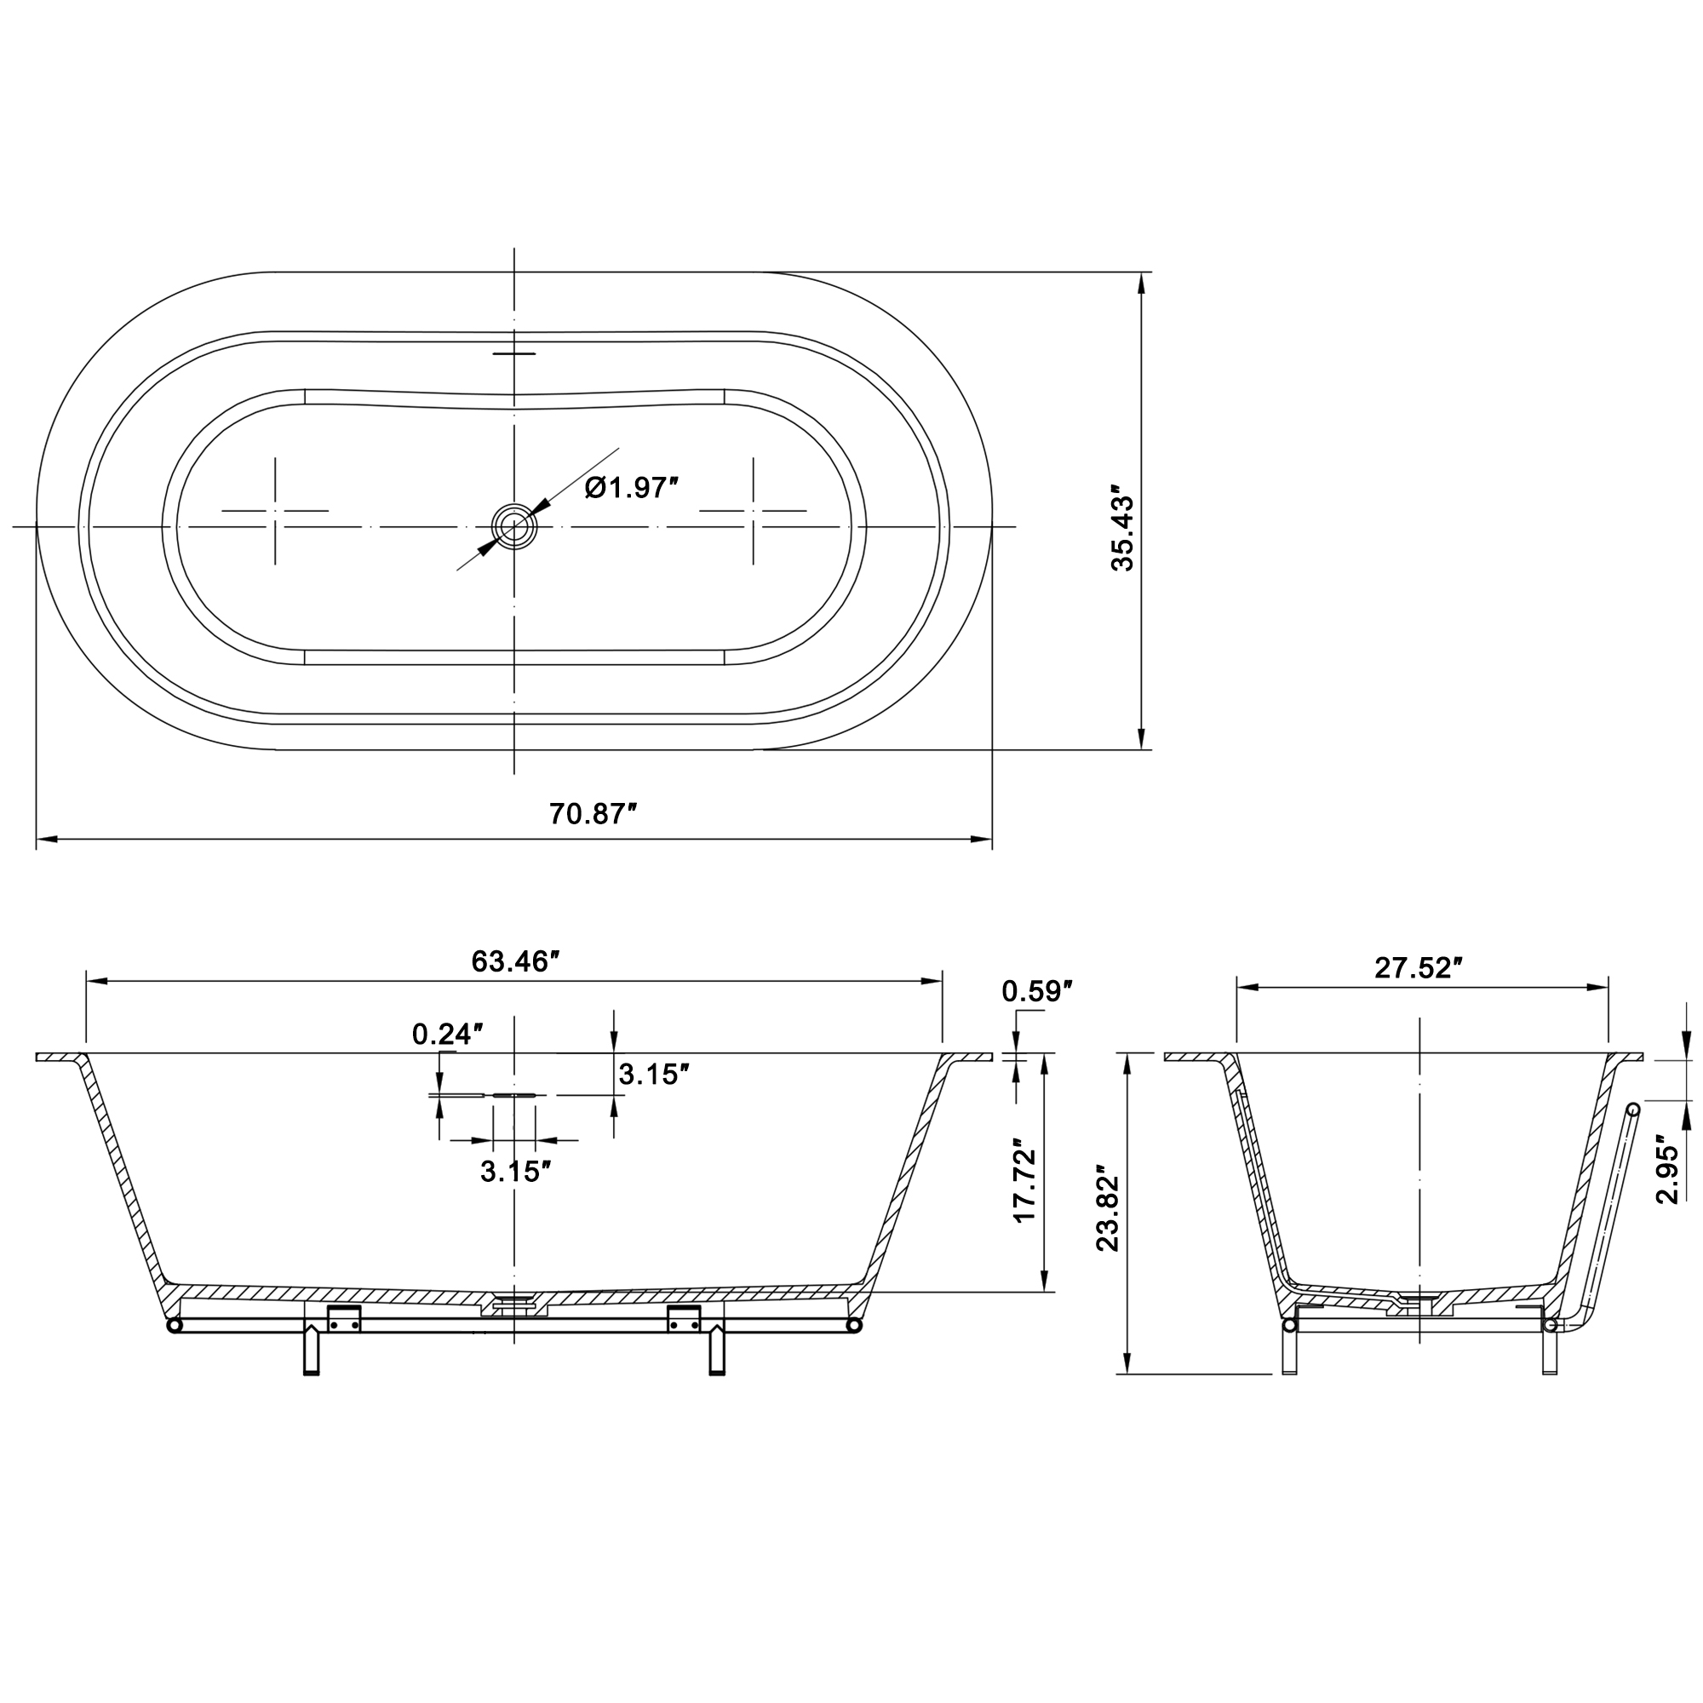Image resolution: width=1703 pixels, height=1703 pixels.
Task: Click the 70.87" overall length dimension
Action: [x=593, y=813]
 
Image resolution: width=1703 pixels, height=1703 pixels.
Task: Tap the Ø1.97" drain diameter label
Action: [x=631, y=487]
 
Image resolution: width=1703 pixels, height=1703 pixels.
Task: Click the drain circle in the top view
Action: [x=514, y=527]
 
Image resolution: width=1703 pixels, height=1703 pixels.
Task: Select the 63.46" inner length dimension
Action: [x=517, y=960]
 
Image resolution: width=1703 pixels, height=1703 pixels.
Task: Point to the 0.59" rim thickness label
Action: [x=1036, y=992]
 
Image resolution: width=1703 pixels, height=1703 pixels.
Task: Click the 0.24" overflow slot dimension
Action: [x=448, y=1034]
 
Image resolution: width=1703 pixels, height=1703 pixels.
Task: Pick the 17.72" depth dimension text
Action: [x=1024, y=1179]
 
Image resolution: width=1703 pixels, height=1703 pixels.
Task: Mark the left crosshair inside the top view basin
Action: [x=275, y=510]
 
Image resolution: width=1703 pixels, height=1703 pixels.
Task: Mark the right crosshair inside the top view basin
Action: [x=753, y=510]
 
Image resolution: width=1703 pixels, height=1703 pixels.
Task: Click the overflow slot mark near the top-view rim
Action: [x=514, y=353]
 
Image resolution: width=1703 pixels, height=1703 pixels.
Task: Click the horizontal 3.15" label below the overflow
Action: [x=516, y=1172]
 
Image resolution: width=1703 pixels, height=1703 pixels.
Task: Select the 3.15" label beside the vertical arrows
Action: [x=653, y=1075]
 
